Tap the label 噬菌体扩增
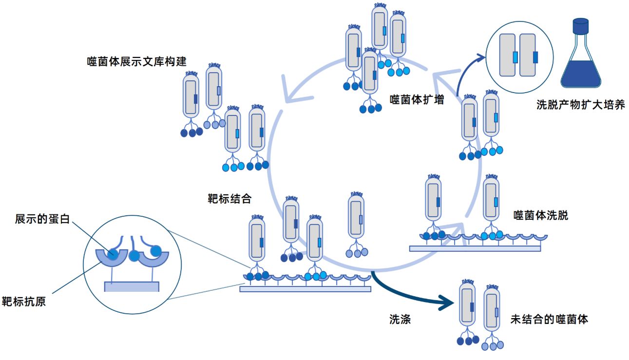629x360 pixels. [x=417, y=99]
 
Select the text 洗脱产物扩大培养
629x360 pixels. [x=580, y=104]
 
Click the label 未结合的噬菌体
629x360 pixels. [x=549, y=320]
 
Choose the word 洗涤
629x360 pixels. [x=400, y=320]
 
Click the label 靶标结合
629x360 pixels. [x=229, y=199]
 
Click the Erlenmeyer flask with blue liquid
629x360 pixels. [x=581, y=63]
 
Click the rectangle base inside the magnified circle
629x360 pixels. [x=132, y=286]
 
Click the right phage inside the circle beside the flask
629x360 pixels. [x=528, y=55]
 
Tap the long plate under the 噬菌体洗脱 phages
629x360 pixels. [x=475, y=248]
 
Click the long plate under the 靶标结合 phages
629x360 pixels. [x=305, y=289]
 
